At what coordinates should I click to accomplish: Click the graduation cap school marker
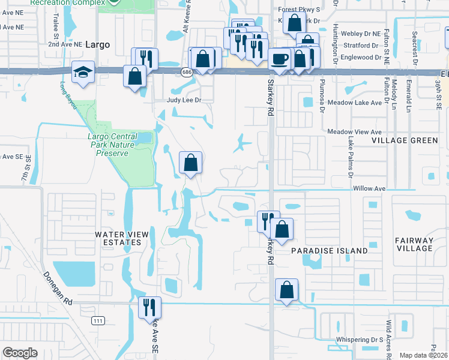(x=80, y=73)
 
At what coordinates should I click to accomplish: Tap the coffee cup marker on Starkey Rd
(x=279, y=59)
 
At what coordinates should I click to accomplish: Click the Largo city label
(x=98, y=44)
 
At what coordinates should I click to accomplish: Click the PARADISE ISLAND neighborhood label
(x=330, y=250)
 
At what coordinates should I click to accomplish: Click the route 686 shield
(x=187, y=72)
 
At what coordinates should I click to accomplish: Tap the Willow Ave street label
(x=369, y=188)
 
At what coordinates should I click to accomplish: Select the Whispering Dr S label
(x=360, y=340)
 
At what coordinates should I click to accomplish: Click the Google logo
(x=20, y=353)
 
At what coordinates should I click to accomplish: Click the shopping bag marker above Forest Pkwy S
(x=294, y=25)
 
